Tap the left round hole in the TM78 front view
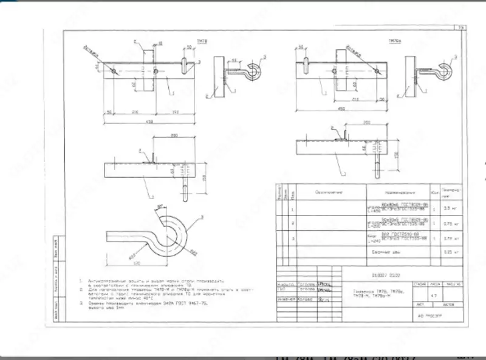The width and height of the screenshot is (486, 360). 114,71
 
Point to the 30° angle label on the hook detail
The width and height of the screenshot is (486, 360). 160,208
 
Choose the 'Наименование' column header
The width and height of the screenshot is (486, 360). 397,192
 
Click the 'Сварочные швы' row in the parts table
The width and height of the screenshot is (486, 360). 395,250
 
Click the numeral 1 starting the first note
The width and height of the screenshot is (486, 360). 81,281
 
